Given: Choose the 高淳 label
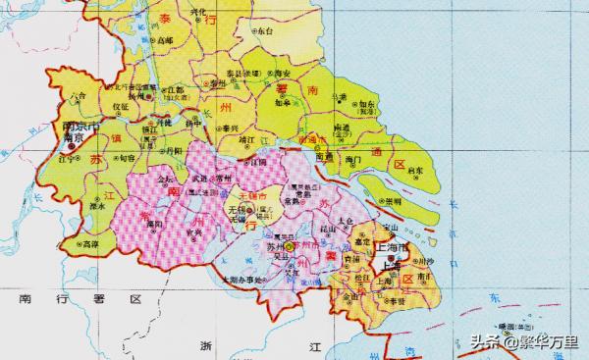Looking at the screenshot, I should (x=91, y=244).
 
